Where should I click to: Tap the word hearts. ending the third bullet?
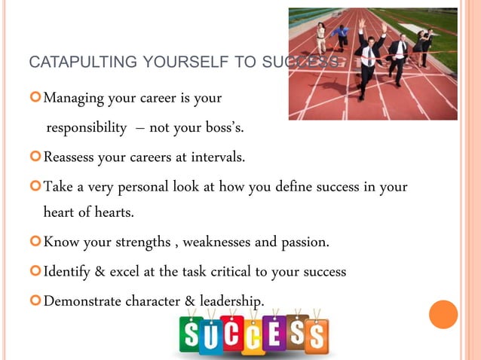[x=113, y=212]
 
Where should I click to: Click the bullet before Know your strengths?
[x=35, y=243]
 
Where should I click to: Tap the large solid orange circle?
[x=443, y=314]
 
